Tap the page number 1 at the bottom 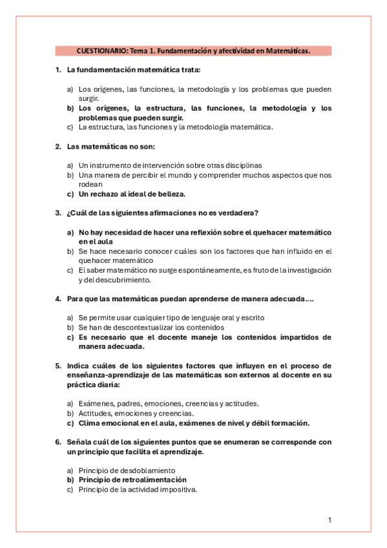coord(329,520)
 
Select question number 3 coord(58,213)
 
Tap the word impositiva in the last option coord(175,490)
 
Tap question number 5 coord(58,366)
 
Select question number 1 coord(58,70)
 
